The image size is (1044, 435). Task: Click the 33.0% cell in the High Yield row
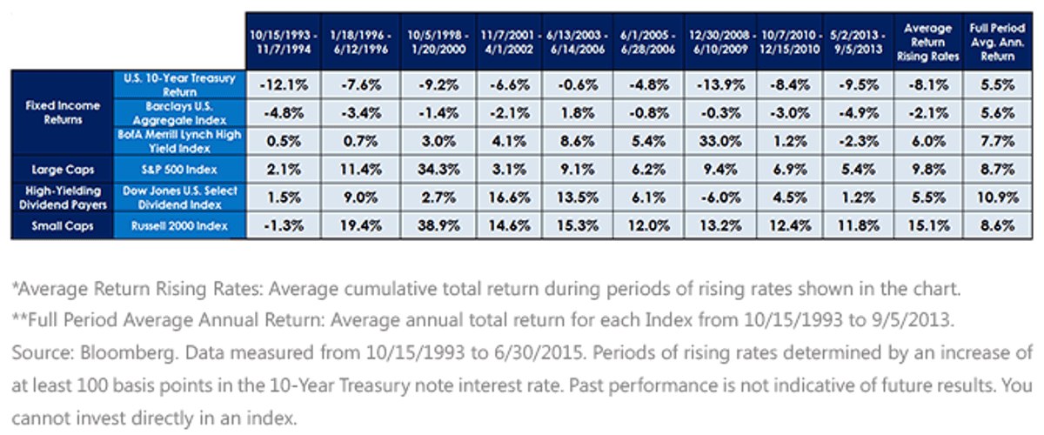coord(720,141)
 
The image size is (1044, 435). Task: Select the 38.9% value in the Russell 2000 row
coord(438,225)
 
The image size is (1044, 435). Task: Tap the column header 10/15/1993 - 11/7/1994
coord(284,42)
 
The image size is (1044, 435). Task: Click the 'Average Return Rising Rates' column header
coord(928,42)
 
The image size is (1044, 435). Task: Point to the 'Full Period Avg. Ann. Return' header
coord(997,42)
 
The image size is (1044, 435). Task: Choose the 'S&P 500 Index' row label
coord(179,170)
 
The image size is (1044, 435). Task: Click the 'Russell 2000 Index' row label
coord(179,226)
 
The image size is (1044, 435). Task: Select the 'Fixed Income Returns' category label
coord(63,112)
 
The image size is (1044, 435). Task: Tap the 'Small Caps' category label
coord(63,226)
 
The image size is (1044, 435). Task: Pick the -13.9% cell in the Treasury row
coord(720,85)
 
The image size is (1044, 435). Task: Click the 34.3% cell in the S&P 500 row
coord(438,170)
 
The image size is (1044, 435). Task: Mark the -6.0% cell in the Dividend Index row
coord(720,197)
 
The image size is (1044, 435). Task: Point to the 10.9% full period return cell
coord(997,197)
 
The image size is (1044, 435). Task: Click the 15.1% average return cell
coord(928,225)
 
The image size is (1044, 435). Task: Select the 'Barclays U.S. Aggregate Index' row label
coord(179,113)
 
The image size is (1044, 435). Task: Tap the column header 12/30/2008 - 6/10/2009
coord(720,42)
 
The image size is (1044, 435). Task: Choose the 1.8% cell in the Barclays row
coord(577,113)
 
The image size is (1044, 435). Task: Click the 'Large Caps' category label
coord(63,170)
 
